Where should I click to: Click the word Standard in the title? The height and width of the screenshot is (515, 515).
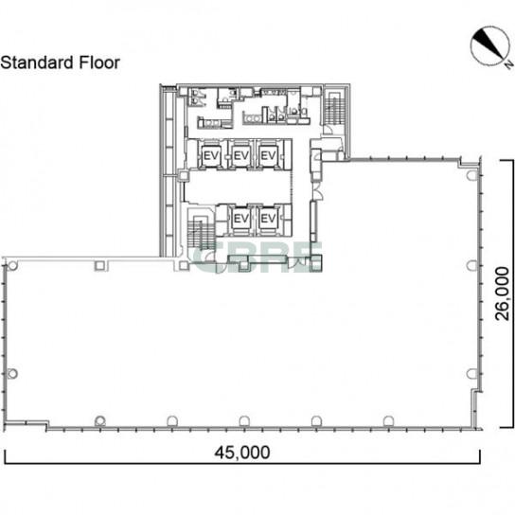point(37,62)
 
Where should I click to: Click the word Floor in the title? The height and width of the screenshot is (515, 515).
point(99,62)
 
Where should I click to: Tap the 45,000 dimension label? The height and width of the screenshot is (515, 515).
point(242,453)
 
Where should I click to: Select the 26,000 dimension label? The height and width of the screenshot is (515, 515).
point(503,293)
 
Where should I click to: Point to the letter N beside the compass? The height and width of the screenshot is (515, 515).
point(508,64)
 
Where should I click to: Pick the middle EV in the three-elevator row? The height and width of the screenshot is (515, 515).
point(240,155)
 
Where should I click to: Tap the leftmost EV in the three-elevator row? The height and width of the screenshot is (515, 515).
point(211,155)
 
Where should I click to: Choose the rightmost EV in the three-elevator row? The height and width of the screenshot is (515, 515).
point(268,155)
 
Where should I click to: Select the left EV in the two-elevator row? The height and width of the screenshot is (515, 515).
point(240,218)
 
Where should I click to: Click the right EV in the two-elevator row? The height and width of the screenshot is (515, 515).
point(268,218)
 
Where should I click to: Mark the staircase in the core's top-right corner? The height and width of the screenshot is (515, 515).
point(335,107)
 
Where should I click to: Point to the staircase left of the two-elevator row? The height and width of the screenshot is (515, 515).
point(201,233)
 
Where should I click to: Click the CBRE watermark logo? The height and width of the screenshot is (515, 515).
point(257,257)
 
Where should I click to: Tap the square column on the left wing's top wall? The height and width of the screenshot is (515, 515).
point(99,265)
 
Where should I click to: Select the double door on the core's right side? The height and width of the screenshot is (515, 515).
point(317,191)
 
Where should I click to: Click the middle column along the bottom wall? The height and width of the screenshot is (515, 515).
point(244,420)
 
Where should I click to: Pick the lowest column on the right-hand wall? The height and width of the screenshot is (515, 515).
point(471,373)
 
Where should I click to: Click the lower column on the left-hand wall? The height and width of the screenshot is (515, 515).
point(12,373)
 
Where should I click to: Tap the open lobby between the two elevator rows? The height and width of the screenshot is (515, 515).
point(237,186)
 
